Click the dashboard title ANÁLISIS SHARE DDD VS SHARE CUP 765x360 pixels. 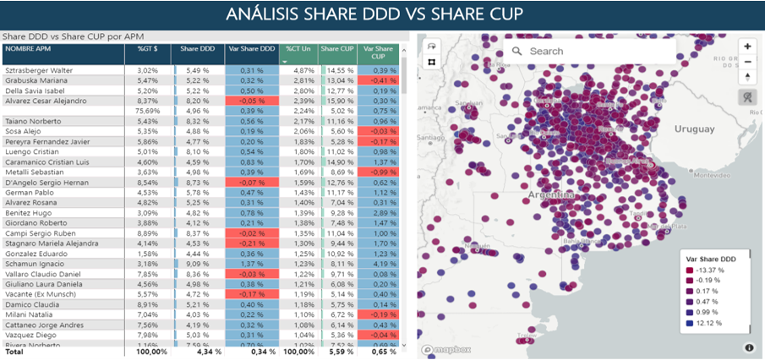[382, 14]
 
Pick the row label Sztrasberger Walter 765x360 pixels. [40, 69]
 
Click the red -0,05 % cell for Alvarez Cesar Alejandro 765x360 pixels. [252, 101]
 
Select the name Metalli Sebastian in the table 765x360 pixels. [34, 172]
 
